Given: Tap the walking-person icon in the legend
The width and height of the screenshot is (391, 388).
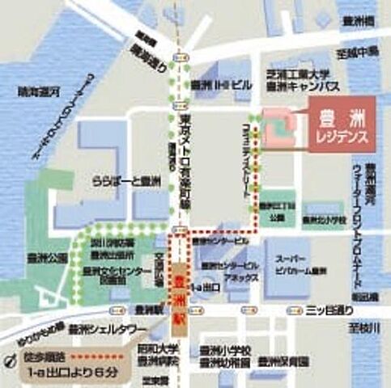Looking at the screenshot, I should [x=11, y=356].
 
